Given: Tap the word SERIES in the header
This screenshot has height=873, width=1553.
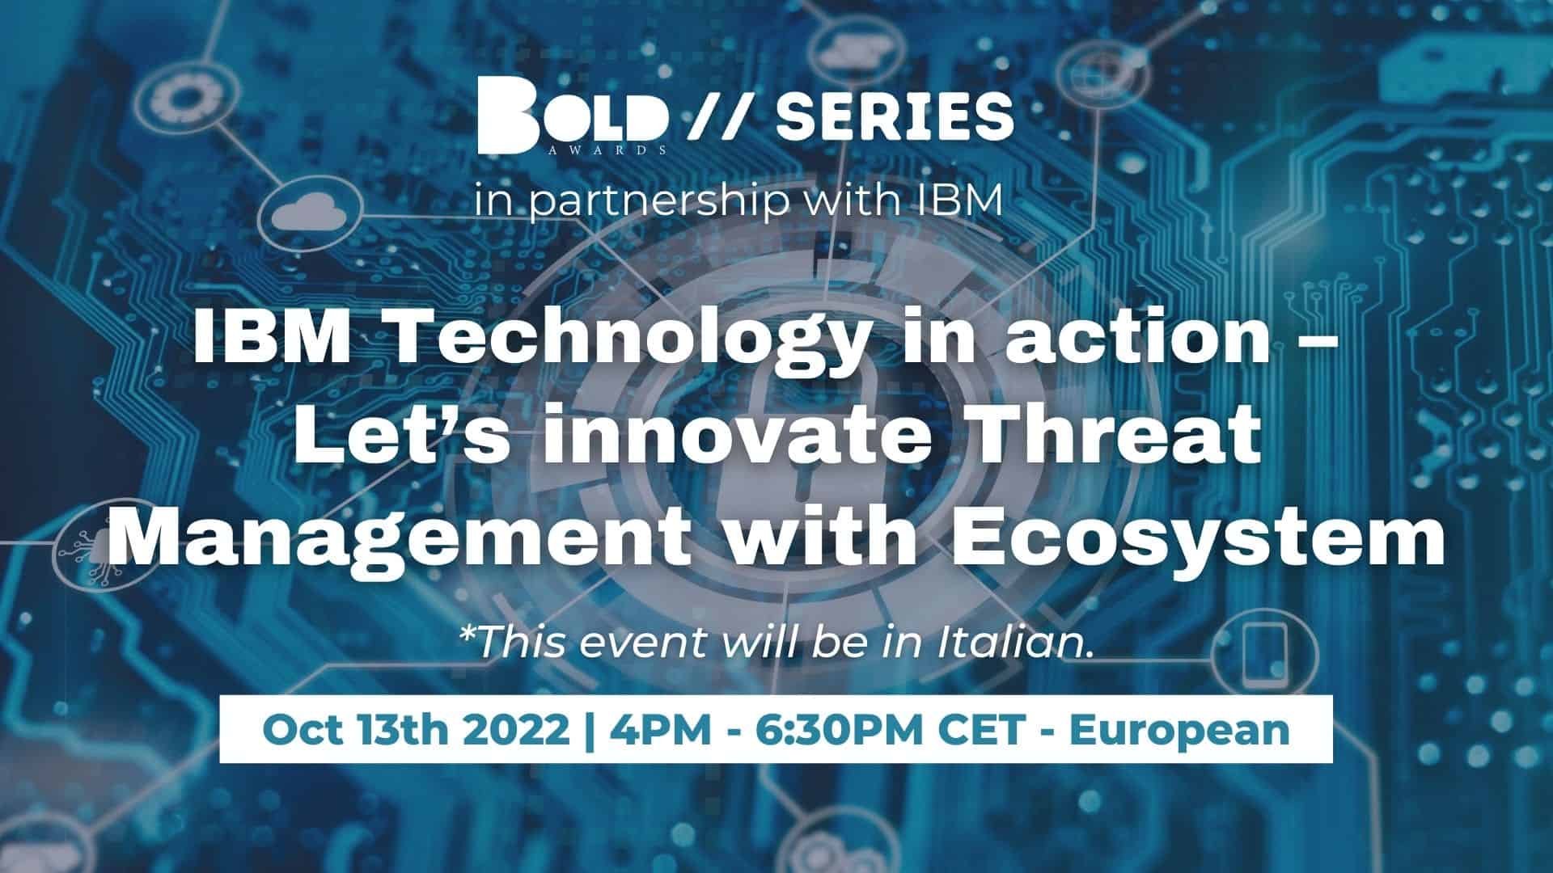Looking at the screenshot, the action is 895,116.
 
